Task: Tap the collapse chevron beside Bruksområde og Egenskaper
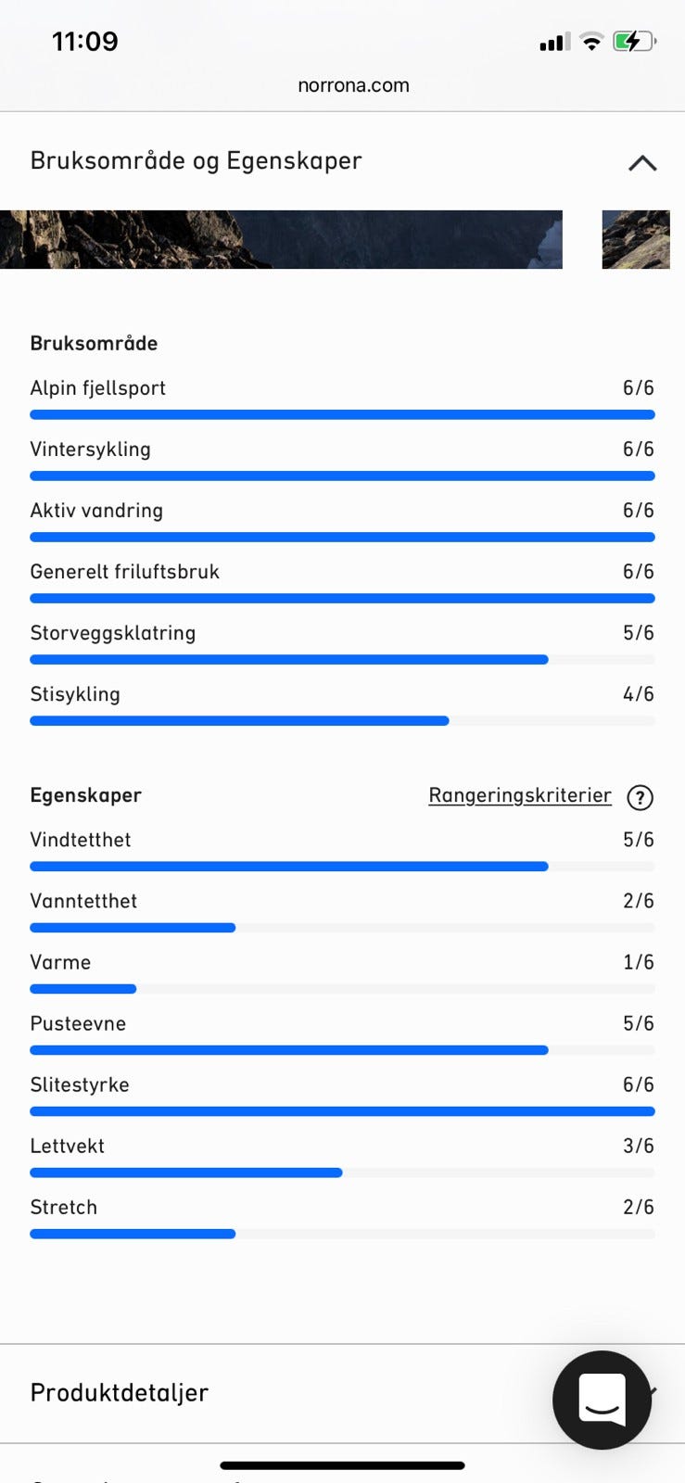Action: [x=642, y=163]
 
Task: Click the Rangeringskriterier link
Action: [x=519, y=795]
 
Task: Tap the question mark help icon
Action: [x=641, y=797]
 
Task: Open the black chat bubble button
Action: [x=602, y=1400]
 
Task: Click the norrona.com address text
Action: [x=353, y=85]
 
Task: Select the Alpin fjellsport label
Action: [x=97, y=388]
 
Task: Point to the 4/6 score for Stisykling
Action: [x=638, y=694]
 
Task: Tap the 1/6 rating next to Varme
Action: [x=638, y=962]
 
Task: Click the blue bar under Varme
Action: [x=83, y=989]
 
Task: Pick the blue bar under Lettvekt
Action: [x=185, y=1172]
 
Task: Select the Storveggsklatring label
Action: [x=112, y=633]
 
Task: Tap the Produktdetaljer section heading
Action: [x=120, y=1392]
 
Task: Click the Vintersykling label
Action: [x=90, y=450]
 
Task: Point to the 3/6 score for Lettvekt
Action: [x=638, y=1146]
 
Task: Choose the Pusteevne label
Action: [x=78, y=1023]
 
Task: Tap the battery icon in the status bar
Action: [x=634, y=42]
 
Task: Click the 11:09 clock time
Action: [x=84, y=42]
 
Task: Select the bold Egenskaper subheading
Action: [x=85, y=795]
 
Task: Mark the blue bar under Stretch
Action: [x=133, y=1234]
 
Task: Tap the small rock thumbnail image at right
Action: [x=636, y=239]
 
